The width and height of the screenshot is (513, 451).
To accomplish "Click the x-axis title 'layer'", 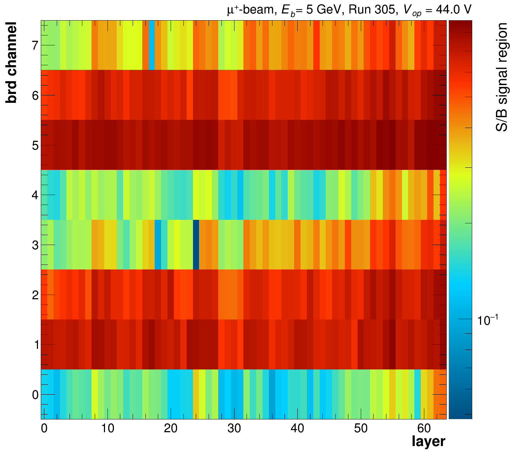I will click(x=428, y=442).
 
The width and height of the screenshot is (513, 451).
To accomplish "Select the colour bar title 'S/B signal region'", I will click(x=502, y=77).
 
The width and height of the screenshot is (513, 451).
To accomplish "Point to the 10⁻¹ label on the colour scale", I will click(x=489, y=320).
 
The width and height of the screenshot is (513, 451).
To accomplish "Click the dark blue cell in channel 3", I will click(x=196, y=245).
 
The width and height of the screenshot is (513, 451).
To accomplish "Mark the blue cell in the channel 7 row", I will click(x=151, y=45).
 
